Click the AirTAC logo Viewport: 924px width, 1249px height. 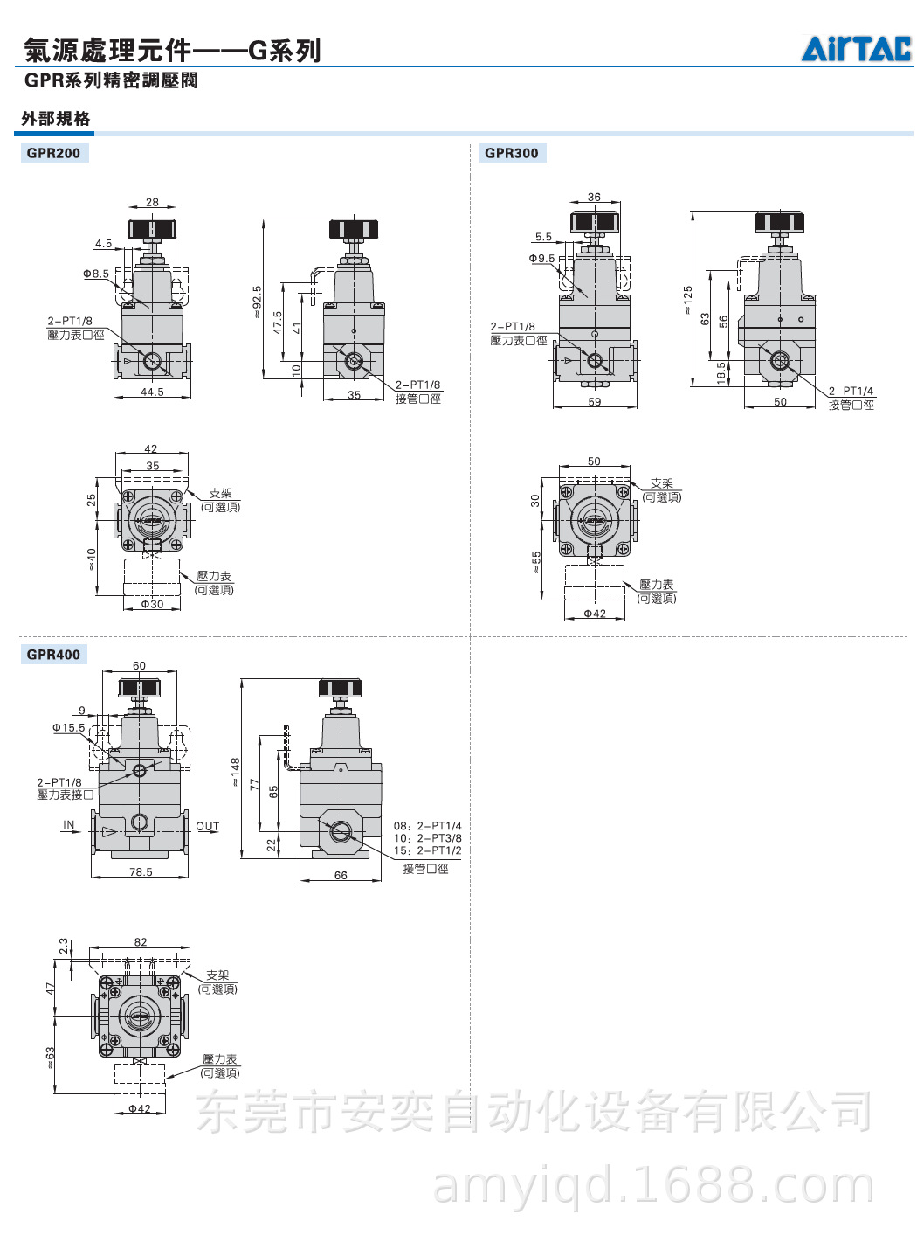pos(856,48)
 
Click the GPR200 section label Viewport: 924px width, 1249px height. pos(54,153)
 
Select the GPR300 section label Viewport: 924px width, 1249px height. pos(512,153)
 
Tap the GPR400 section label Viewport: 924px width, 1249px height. pos(54,655)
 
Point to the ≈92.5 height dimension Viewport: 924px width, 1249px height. pos(257,302)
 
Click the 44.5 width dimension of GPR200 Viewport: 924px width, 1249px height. pos(152,392)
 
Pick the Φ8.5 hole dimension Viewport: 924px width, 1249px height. pos(96,274)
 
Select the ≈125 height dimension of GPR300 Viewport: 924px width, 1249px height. pos(687,300)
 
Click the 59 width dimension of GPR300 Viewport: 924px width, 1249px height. pos(594,401)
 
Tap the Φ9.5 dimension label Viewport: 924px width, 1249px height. pos(541,259)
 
